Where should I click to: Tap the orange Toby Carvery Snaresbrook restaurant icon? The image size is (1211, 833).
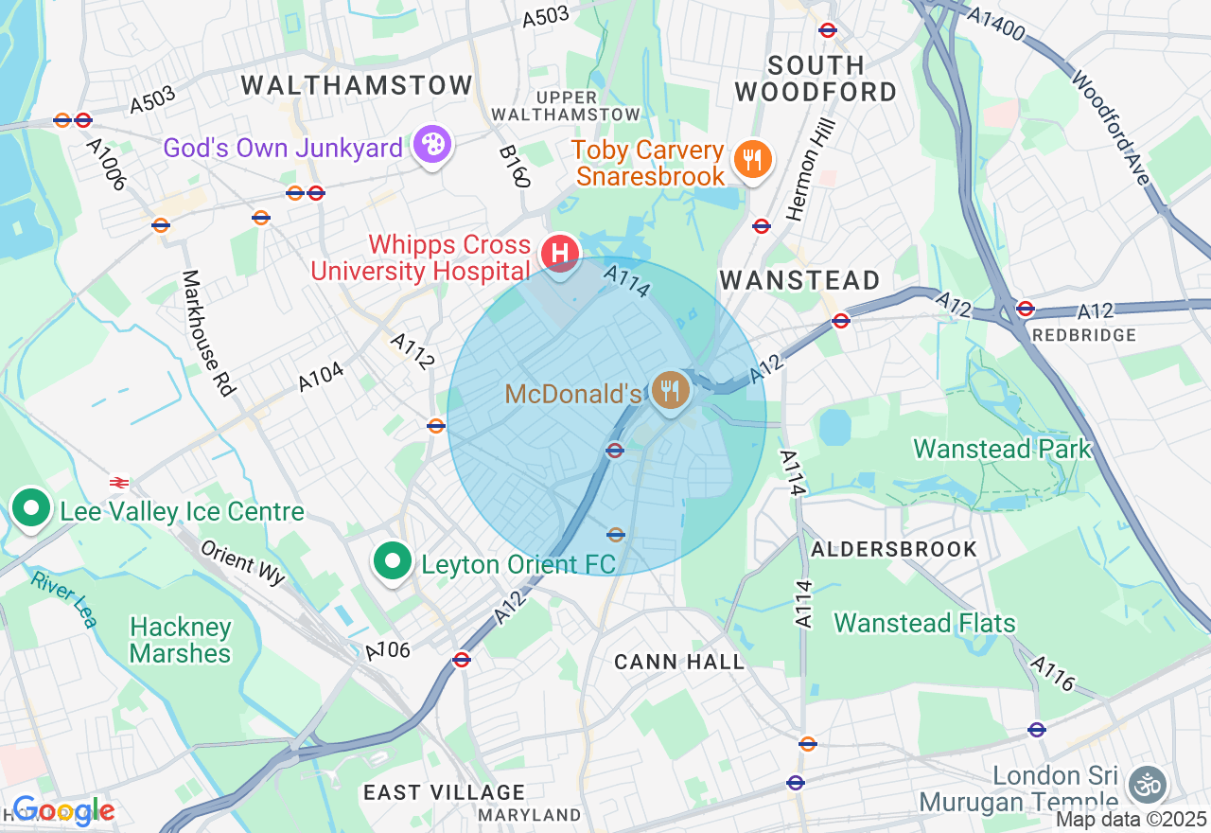pos(753,159)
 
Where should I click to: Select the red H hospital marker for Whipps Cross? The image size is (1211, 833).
pos(559,254)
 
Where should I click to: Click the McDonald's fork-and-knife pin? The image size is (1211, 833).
pos(670,389)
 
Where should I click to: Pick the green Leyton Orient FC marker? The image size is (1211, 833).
pos(392,561)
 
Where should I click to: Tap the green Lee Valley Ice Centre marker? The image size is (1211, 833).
pos(31,509)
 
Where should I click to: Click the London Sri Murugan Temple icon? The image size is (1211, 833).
pos(1148,785)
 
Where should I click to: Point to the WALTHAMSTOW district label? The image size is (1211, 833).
pos(357,85)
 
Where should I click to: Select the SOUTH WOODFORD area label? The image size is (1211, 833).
pos(816,79)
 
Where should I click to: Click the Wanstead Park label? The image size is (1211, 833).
pos(1002,449)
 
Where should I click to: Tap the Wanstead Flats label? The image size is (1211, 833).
pos(924,623)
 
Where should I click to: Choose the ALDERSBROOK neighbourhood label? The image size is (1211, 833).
pos(894,549)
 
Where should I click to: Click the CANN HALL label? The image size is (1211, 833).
pos(679,662)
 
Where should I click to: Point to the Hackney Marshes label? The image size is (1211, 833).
pos(180,641)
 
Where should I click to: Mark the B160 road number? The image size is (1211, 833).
pos(515,167)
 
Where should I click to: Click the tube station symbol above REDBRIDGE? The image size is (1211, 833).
pos(1026,309)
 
